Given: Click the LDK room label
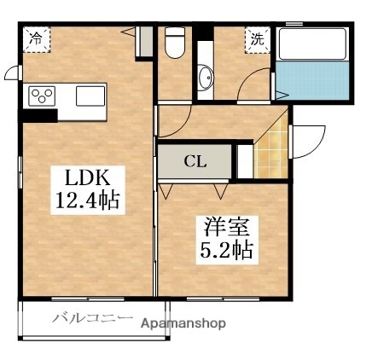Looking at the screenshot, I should [84, 180].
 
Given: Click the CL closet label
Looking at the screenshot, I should [195, 160].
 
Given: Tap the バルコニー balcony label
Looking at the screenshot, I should [92, 319].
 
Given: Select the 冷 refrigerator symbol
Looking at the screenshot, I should [37, 38].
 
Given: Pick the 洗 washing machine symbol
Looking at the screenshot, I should [257, 38].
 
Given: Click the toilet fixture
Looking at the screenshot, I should [176, 42].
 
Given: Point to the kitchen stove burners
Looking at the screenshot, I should [42, 96].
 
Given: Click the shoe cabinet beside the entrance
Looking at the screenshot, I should [245, 160].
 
